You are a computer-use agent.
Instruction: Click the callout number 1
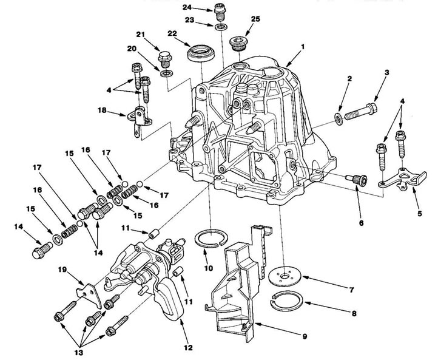[x=303, y=47]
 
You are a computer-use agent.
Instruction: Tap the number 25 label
[x=255, y=19]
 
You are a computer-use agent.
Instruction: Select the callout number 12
[x=188, y=348]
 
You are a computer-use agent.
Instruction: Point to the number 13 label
[x=79, y=352]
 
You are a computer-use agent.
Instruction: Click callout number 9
[x=305, y=336]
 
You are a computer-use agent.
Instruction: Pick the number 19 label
[x=62, y=270]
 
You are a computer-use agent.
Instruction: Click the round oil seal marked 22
[x=201, y=53]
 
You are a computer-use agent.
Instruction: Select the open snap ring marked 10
[x=211, y=239]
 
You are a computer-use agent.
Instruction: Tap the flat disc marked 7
[x=285, y=276]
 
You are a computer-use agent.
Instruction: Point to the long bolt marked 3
[x=361, y=111]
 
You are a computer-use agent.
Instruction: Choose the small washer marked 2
[x=339, y=119]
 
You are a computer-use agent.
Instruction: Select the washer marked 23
[x=221, y=27]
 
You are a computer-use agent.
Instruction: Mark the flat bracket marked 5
[x=402, y=180]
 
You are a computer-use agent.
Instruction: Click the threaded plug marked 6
[x=357, y=179]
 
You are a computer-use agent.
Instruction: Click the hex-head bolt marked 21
[x=165, y=59]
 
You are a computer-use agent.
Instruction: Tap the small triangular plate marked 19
[x=89, y=295]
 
